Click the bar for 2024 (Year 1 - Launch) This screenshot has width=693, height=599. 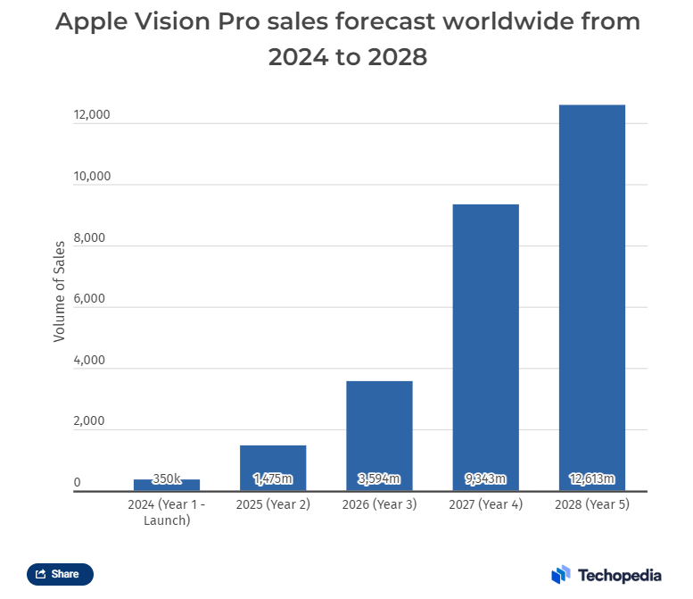tap(167, 486)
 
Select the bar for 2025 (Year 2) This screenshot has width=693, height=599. tap(273, 467)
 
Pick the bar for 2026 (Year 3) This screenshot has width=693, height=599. tap(379, 436)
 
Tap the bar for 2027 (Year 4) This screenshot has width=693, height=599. tap(485, 347)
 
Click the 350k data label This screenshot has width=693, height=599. tap(167, 479)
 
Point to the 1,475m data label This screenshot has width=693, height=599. tap(273, 479)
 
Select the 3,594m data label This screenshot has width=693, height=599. tap(379, 479)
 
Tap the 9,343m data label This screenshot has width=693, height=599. tap(485, 479)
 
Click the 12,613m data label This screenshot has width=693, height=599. tap(591, 479)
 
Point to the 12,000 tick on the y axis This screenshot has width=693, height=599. tap(92, 115)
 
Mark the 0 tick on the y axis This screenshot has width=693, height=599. tap(78, 483)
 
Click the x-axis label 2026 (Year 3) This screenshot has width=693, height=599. tap(379, 504)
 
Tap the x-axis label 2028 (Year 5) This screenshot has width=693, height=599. tap(591, 504)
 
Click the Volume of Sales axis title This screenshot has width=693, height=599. tap(60, 291)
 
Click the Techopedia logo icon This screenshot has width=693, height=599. tap(560, 574)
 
